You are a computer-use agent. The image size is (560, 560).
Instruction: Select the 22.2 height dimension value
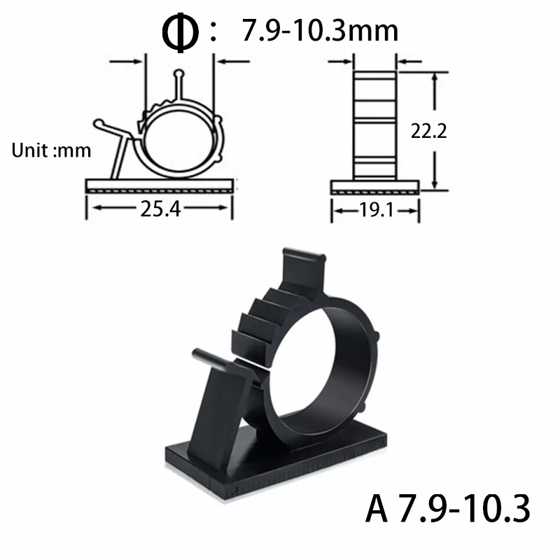click(429, 131)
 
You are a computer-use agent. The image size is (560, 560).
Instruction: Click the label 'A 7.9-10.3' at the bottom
click(448, 510)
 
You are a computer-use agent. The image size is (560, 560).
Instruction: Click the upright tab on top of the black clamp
click(302, 269)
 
